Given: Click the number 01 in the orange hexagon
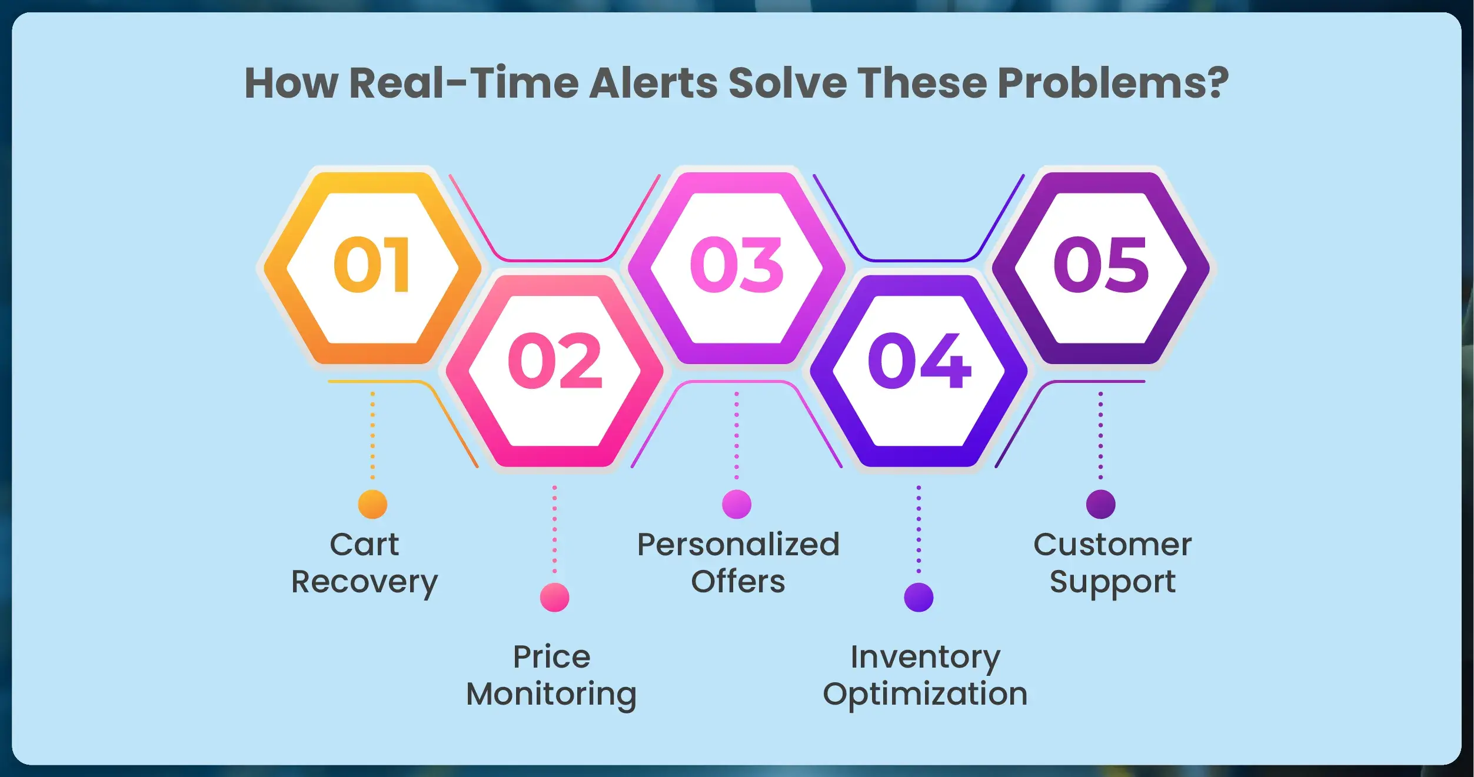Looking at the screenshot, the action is [x=371, y=265].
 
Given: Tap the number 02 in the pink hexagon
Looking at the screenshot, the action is [x=555, y=360].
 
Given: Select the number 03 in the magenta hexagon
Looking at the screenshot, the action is [x=737, y=265].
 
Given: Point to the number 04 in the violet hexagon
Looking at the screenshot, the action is [x=919, y=360].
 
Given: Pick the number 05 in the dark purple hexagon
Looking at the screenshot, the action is [x=1100, y=265].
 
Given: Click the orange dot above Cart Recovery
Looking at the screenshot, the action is [x=372, y=504].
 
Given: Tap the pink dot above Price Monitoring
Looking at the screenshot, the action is [x=554, y=598].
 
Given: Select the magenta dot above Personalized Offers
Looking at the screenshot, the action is [x=737, y=504].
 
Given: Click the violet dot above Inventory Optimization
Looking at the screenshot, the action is [x=919, y=598].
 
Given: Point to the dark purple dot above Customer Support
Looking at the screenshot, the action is [x=1100, y=504].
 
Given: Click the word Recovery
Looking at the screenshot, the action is [x=365, y=583].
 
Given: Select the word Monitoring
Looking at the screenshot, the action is [x=551, y=695].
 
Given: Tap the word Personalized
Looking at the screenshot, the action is [x=738, y=544].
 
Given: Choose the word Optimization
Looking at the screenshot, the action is [x=925, y=695].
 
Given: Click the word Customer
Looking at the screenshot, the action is [x=1113, y=545].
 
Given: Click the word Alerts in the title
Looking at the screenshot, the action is [x=654, y=82].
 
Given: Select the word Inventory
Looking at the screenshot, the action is [x=925, y=658].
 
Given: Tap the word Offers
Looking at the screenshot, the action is [x=738, y=581].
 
